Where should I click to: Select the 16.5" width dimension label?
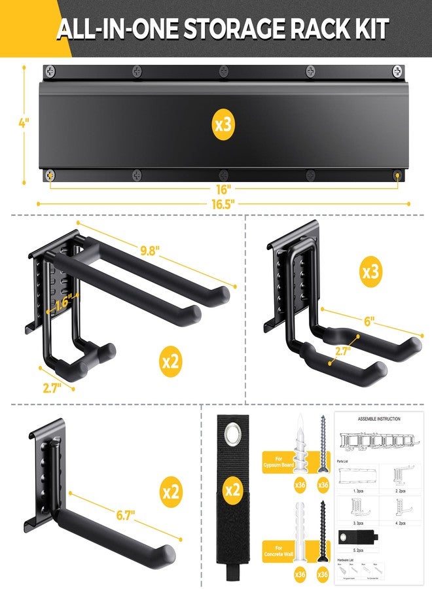[223, 203]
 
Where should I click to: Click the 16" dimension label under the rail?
[223, 188]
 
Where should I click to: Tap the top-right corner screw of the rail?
[397, 70]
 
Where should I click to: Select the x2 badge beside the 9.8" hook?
[170, 361]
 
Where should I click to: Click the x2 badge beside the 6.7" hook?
[170, 492]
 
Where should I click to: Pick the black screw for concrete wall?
[321, 524]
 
